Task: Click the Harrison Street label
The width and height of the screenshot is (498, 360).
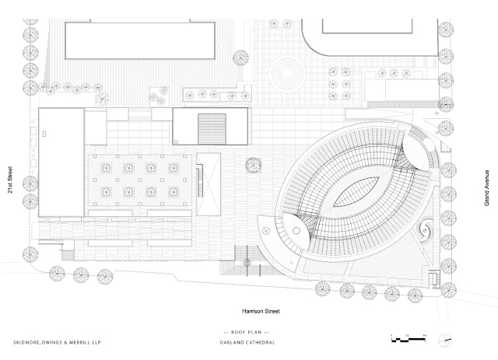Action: (259, 311)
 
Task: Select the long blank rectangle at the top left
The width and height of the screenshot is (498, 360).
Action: (139, 38)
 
